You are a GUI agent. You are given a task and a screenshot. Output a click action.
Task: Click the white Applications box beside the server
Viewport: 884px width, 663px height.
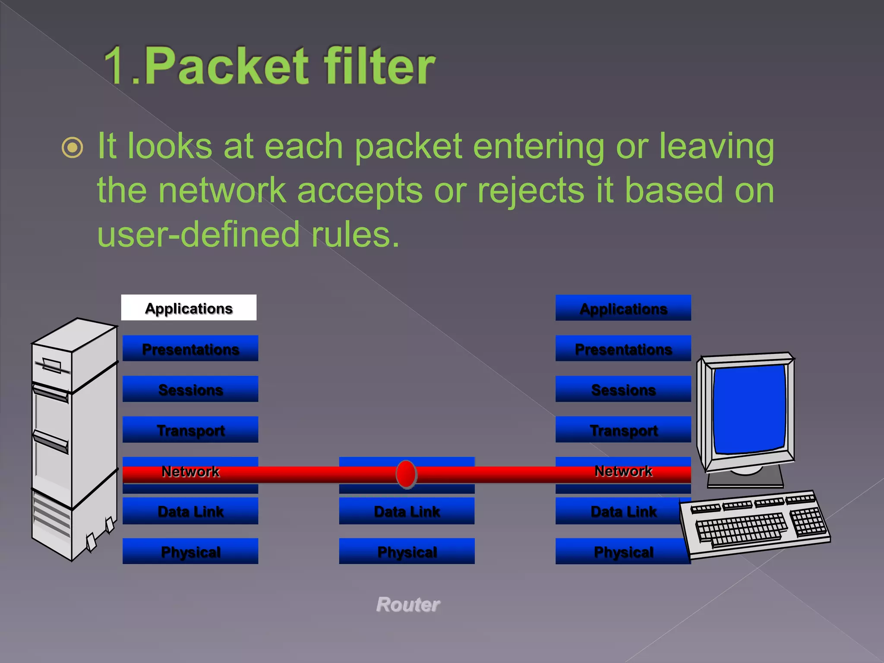pyautogui.click(x=189, y=308)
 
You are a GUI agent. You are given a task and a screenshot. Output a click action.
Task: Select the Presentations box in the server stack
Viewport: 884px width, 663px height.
pyautogui.click(x=190, y=348)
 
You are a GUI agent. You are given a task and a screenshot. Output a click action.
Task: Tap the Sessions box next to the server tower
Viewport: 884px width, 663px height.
pyautogui.click(x=190, y=389)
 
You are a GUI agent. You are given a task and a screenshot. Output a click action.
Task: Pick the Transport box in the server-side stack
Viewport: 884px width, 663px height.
pyautogui.click(x=190, y=429)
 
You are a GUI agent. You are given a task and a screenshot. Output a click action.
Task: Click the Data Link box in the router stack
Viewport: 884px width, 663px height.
pyautogui.click(x=407, y=511)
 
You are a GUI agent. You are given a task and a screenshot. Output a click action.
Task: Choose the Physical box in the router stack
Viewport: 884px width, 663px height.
pyautogui.click(x=407, y=551)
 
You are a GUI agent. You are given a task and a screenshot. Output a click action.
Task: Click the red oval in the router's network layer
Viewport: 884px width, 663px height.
pyautogui.click(x=406, y=474)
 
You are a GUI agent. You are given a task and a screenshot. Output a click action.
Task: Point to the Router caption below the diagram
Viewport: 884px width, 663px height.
pyautogui.click(x=408, y=604)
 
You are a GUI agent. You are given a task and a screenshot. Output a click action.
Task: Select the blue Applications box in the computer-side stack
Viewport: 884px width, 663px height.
pyautogui.click(x=623, y=308)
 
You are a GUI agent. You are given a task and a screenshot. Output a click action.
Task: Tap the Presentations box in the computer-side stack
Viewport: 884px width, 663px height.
pyautogui.click(x=623, y=348)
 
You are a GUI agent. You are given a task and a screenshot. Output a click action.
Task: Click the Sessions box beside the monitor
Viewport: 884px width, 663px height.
pyautogui.click(x=623, y=389)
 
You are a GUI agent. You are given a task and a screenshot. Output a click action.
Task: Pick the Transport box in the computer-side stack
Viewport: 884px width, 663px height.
pyautogui.click(x=623, y=429)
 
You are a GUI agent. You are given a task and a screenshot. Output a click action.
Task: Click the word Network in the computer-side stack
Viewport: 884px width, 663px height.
pyautogui.click(x=623, y=470)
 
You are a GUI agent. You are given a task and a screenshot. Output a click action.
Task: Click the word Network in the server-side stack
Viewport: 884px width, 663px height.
pyautogui.click(x=190, y=471)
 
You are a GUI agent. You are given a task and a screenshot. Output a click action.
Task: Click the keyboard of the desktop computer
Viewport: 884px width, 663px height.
pyautogui.click(x=755, y=524)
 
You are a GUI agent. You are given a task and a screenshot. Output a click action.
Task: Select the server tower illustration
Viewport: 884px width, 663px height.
pyautogui.click(x=73, y=436)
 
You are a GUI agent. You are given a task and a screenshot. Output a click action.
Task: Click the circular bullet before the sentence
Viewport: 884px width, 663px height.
pyautogui.click(x=73, y=148)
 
